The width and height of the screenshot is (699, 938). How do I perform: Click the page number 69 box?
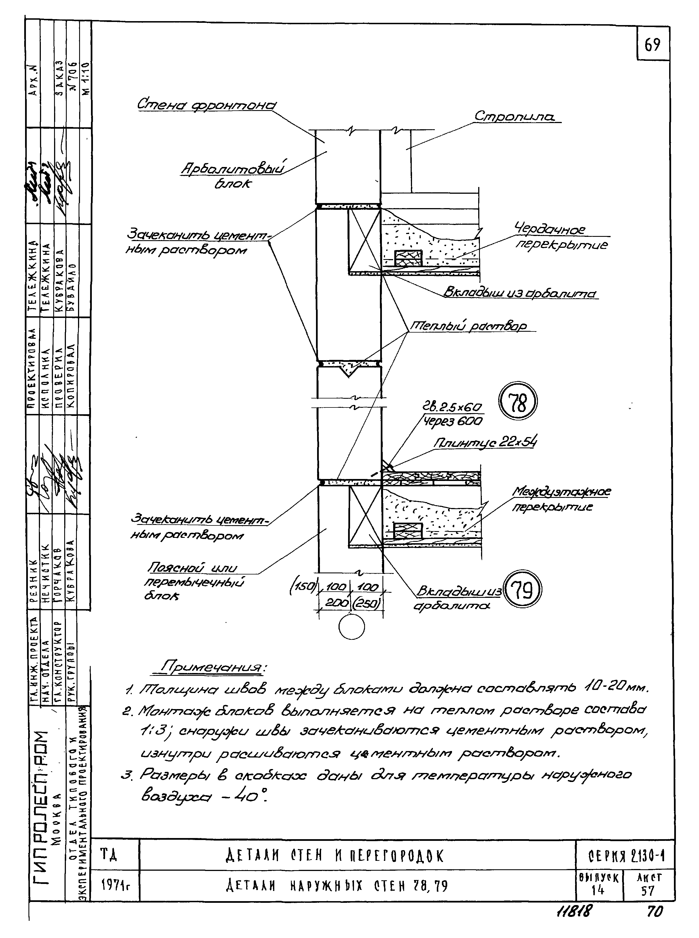[652, 44]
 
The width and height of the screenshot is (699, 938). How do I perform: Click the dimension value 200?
[337, 603]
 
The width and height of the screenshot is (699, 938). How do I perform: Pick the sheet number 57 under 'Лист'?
[647, 891]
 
